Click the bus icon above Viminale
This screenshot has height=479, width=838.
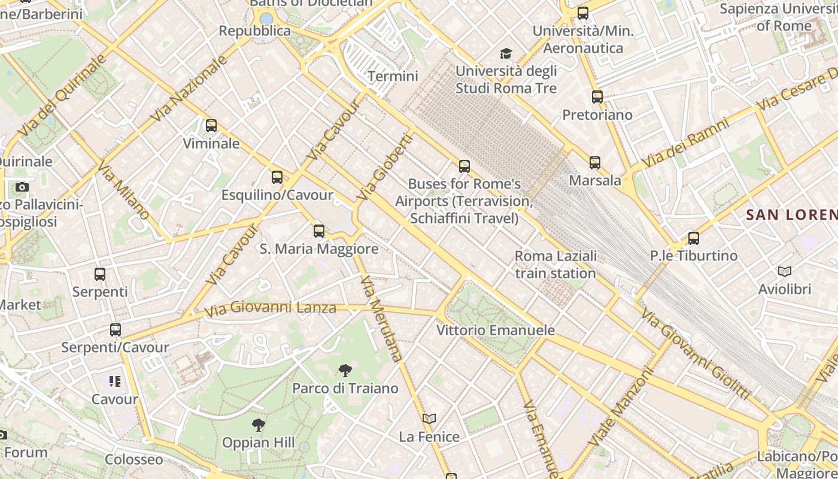click(x=211, y=126)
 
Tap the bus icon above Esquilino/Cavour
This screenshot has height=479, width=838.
click(x=277, y=177)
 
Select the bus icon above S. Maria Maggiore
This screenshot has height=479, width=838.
click(x=319, y=231)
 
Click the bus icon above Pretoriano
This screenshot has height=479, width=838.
click(x=597, y=96)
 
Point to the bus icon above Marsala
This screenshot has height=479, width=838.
click(x=594, y=162)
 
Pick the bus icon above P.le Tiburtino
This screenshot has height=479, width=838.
click(x=693, y=238)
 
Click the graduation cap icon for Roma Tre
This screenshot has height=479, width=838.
click(x=506, y=54)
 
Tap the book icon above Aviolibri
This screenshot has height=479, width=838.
click(x=784, y=271)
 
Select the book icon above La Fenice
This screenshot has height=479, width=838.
click(x=429, y=419)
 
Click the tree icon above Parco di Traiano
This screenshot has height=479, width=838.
click(x=345, y=370)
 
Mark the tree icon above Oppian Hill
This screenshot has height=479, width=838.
click(x=258, y=425)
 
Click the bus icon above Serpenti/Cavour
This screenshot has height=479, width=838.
click(x=115, y=329)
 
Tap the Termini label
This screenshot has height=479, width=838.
click(x=393, y=76)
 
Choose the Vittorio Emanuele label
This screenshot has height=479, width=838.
click(x=496, y=330)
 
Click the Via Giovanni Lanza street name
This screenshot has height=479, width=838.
click(x=270, y=309)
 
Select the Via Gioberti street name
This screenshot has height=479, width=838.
click(x=385, y=167)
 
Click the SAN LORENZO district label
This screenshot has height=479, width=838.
click(x=791, y=214)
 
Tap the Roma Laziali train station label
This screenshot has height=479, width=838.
click(x=555, y=265)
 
